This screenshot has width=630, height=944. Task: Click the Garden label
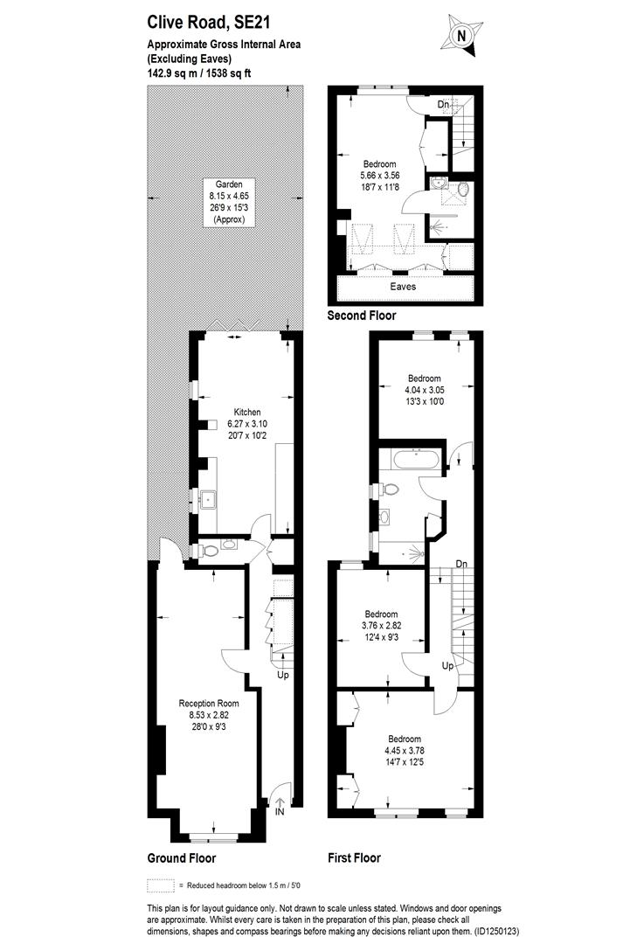coord(229,184)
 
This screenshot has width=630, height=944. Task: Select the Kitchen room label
coord(246,412)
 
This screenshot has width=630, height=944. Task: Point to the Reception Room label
coord(208,703)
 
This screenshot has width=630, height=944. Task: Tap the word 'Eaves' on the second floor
coord(403,286)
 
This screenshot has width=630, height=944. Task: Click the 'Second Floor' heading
coord(361,316)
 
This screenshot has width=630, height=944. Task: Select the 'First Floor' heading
coord(354,857)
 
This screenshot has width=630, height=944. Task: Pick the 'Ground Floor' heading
coord(182,857)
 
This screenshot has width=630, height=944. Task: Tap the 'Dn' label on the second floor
coord(444,105)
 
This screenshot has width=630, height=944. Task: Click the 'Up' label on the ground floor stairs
coord(282,675)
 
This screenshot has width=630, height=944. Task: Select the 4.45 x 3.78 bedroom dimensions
coord(405,750)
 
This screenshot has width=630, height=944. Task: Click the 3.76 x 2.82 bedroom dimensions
coord(381,625)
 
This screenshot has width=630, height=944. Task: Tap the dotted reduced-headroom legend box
coord(160,884)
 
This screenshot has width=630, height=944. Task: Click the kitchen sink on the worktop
coord(209,501)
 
